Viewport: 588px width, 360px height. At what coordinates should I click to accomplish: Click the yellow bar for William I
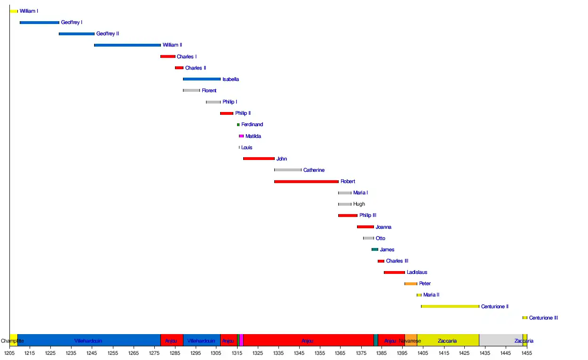click(14, 11)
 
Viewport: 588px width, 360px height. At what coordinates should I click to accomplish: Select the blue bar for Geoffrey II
click(77, 34)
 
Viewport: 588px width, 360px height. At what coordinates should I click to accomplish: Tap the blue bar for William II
click(127, 45)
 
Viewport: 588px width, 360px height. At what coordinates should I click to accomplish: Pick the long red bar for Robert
click(306, 181)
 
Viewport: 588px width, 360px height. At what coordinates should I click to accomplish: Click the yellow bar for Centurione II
click(450, 306)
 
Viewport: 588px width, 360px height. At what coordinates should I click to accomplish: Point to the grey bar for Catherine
click(288, 170)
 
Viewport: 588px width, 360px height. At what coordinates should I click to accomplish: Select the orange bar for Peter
click(411, 284)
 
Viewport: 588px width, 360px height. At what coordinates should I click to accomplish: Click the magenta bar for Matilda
click(241, 136)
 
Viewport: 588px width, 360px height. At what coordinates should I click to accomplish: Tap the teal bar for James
click(375, 249)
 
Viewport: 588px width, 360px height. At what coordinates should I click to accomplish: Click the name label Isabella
click(230, 80)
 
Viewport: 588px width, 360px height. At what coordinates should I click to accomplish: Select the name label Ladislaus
click(417, 272)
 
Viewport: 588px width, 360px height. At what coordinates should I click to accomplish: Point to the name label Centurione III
click(543, 318)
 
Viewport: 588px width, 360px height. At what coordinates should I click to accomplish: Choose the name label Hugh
click(359, 204)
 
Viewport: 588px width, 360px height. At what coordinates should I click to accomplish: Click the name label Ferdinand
click(252, 125)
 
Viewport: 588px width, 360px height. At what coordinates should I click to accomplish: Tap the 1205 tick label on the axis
click(9, 352)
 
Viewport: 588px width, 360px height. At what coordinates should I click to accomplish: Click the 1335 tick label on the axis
click(278, 352)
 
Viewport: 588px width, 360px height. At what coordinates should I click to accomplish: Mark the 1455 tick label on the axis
click(526, 352)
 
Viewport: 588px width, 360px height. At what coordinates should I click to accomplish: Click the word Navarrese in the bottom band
click(410, 341)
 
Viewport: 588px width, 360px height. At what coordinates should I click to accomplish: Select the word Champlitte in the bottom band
click(13, 341)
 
